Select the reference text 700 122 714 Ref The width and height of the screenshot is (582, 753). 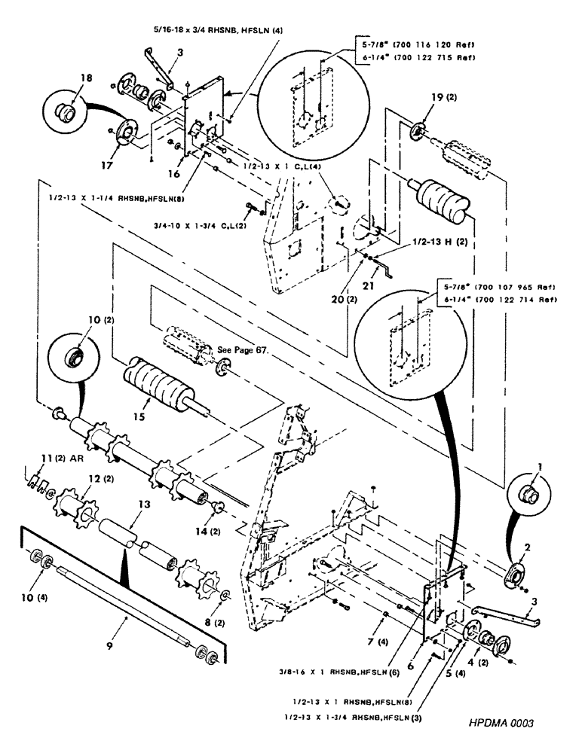516,300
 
